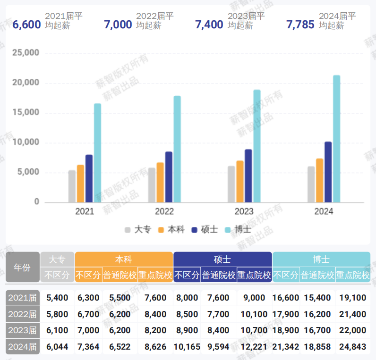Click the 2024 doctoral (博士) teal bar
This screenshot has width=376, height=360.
(x=336, y=139)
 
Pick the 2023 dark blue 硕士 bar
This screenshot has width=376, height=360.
(x=248, y=176)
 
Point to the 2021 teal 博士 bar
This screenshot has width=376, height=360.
(x=97, y=153)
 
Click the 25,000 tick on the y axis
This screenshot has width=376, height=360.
(x=26, y=53)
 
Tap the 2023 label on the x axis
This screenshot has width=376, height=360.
(x=244, y=211)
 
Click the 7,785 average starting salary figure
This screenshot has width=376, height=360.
(x=300, y=25)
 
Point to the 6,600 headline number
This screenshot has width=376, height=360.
(x=26, y=25)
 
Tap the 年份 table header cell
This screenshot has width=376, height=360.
(x=22, y=267)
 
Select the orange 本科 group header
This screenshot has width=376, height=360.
(x=124, y=260)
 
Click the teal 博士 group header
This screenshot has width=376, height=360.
(x=321, y=260)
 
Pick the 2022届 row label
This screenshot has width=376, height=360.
(x=22, y=314)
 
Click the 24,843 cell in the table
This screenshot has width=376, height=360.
(x=352, y=347)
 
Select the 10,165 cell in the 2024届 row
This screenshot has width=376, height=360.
(x=187, y=347)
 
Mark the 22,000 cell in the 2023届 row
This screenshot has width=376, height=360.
(x=352, y=330)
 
